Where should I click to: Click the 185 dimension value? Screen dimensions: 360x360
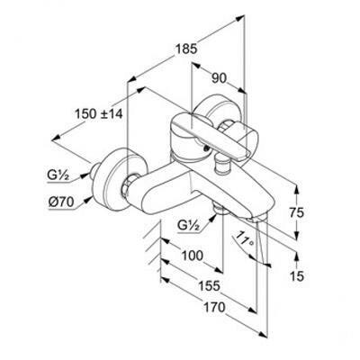[x=186, y=49]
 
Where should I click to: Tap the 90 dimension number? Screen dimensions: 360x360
[x=219, y=78]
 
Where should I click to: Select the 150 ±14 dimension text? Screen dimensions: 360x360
[x=99, y=114]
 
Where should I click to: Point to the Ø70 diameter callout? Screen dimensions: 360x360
[x=61, y=202]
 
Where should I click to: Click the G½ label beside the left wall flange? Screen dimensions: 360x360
[x=58, y=175]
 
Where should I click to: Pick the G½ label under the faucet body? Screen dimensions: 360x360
[x=189, y=225]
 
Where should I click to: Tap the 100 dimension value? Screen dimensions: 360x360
[x=193, y=256]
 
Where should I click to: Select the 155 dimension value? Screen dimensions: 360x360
[x=209, y=286]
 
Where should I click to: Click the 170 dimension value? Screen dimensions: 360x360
[x=214, y=307]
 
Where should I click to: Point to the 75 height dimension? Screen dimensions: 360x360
[x=296, y=212]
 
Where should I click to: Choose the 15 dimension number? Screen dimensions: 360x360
[x=297, y=276]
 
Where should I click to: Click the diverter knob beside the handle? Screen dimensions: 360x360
[x=222, y=165]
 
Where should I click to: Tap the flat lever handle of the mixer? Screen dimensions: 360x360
[x=210, y=135]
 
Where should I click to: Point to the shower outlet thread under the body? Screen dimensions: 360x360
[x=220, y=209]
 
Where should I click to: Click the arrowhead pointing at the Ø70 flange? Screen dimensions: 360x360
[x=88, y=199]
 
